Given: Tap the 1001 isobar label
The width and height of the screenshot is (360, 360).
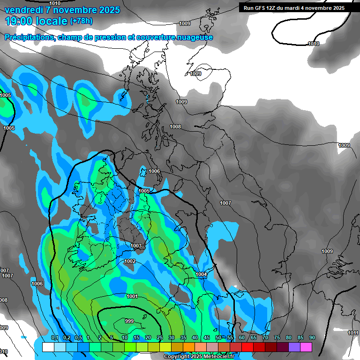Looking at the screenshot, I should pos(132,296).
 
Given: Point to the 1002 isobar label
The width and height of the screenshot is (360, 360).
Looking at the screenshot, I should pos(130,261).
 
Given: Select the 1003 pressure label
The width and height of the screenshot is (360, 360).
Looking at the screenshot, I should pos(136,246).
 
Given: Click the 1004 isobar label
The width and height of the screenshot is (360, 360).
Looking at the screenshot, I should pos(201,274).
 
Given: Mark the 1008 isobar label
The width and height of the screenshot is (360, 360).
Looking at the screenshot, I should pos(175,127).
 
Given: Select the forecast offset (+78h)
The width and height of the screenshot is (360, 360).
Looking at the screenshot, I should pos(81,21).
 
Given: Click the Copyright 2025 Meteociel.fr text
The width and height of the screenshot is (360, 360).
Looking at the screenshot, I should pos(199,357).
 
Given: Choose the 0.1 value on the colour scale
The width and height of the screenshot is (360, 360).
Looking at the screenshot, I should pos(55,338).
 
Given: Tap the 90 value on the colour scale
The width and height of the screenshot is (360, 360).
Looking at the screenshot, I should pos(312,338).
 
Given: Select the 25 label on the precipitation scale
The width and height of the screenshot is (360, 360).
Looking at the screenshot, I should pos(159,338).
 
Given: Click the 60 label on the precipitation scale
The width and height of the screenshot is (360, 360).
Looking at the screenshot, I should pos(242,338).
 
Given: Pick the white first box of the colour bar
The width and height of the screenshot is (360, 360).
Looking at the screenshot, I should pos(48,347).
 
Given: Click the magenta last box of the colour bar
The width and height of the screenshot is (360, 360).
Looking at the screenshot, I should pos(306,347).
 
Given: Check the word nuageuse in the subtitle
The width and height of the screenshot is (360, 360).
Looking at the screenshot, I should pos(194,37).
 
